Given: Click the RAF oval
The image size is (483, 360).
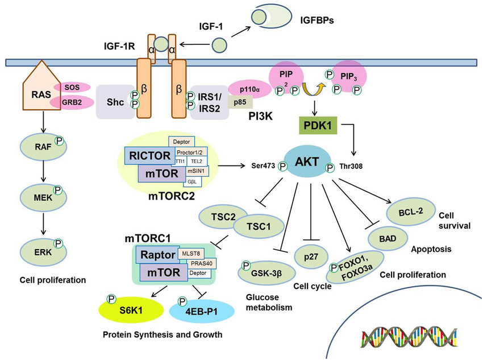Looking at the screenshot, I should point(43,146).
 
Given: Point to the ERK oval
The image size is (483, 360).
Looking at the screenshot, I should point(43,249).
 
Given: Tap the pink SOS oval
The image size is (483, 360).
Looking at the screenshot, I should point(72,86).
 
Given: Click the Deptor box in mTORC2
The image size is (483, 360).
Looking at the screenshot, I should point(182,142).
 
